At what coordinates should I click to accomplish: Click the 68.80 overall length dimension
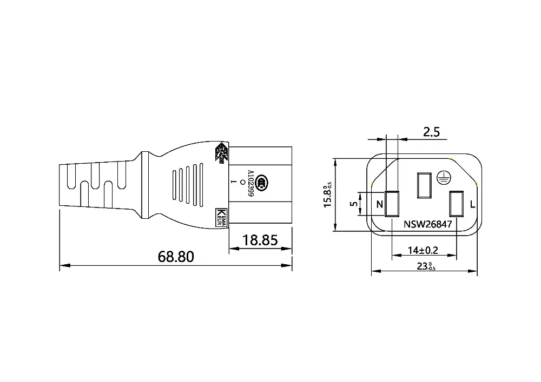(x=176, y=256)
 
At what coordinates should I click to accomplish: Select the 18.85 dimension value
(x=260, y=239)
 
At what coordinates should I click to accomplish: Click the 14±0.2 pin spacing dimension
(x=423, y=251)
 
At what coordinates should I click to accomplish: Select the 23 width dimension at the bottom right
(x=426, y=266)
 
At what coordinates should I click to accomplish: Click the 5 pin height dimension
(x=353, y=204)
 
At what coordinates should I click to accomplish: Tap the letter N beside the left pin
(x=379, y=205)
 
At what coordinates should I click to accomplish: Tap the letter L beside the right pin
(x=472, y=205)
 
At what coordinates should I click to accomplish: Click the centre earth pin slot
(x=423, y=185)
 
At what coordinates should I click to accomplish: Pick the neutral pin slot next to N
(x=392, y=204)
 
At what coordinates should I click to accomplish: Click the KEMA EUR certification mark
(x=221, y=217)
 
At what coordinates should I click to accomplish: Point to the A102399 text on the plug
(x=250, y=185)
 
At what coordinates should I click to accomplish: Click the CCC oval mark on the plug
(x=262, y=182)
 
